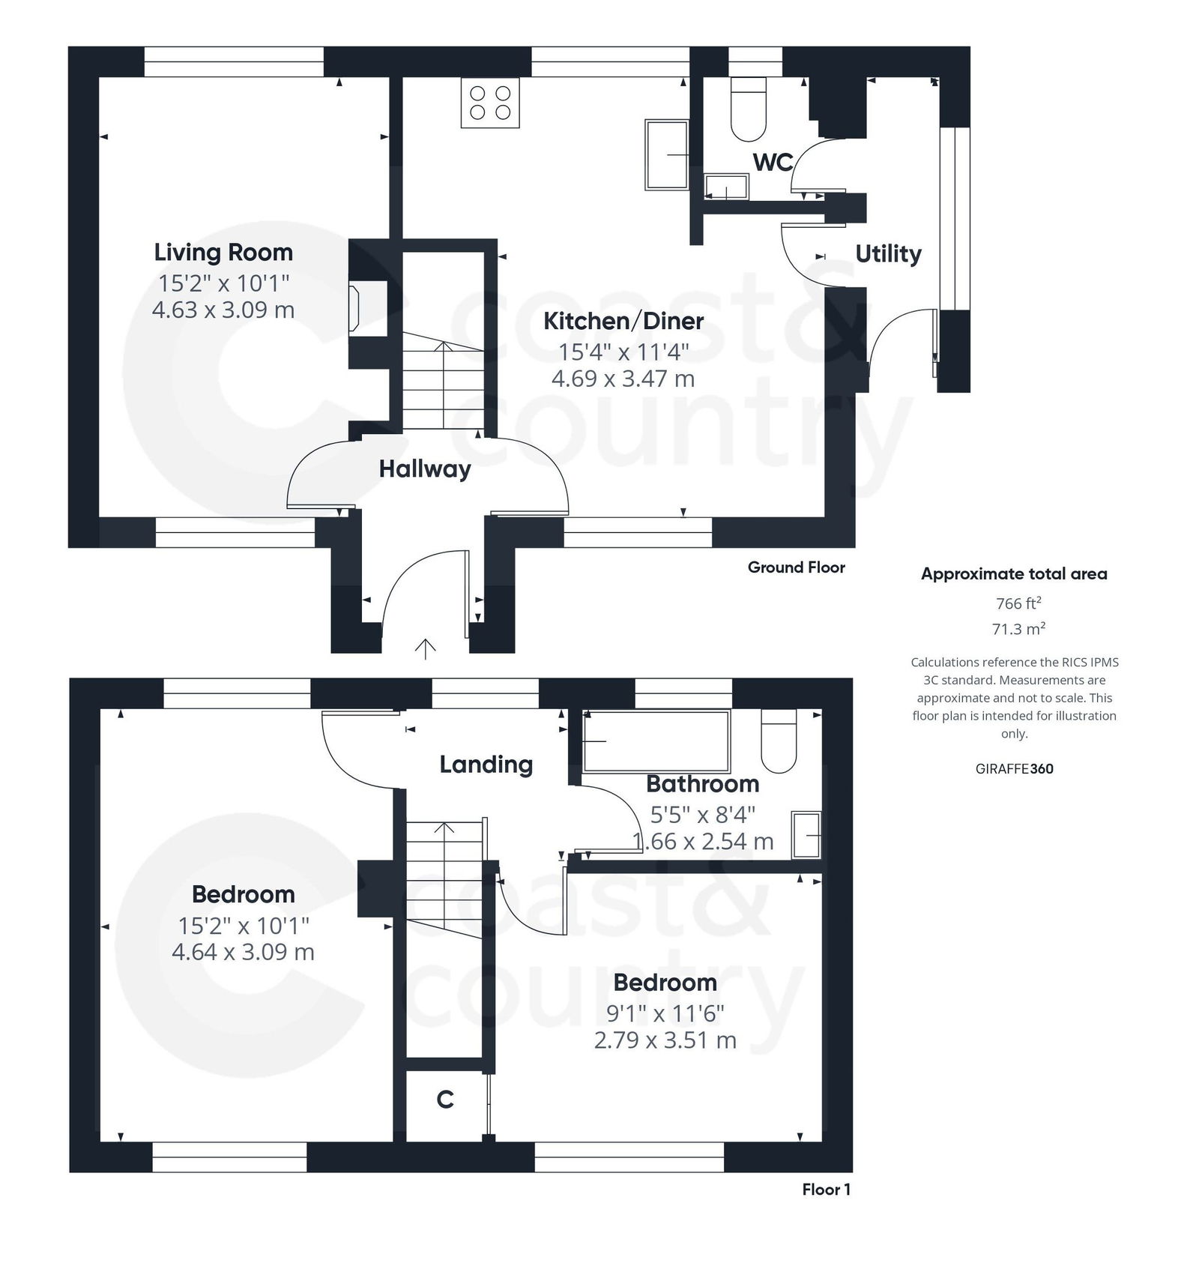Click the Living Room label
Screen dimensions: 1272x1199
(223, 253)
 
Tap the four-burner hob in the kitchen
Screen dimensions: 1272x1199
(490, 103)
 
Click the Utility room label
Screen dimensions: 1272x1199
(888, 254)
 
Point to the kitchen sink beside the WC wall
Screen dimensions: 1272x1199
(667, 155)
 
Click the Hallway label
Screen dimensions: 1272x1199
(425, 469)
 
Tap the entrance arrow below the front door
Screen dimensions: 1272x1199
(426, 649)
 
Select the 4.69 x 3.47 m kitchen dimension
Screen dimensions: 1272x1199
(623, 379)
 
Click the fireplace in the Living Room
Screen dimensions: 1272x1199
(354, 307)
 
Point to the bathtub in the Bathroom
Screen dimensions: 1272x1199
(656, 741)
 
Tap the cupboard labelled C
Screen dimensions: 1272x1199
(445, 1100)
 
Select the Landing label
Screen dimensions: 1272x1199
(486, 765)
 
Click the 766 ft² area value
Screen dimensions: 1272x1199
(1018, 603)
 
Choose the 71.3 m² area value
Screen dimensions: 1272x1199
(1018, 629)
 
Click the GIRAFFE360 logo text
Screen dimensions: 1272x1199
(1014, 768)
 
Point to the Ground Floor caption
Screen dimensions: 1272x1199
(796, 567)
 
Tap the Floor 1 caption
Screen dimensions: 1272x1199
(826, 1190)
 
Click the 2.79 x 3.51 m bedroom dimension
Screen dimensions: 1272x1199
(665, 1040)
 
